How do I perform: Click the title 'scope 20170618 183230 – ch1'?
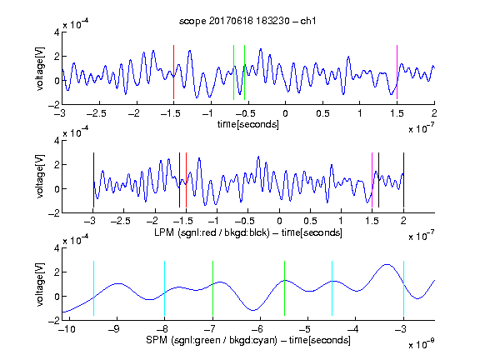click(x=247, y=21)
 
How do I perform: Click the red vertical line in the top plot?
click(x=174, y=72)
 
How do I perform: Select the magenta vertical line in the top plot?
click(x=397, y=72)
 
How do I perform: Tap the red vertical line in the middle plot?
click(x=186, y=180)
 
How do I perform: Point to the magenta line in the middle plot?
click(x=372, y=180)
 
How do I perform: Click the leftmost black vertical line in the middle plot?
click(x=93, y=180)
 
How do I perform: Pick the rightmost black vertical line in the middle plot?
click(x=403, y=180)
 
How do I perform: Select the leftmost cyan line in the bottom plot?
click(x=93, y=288)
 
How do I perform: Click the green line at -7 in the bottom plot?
click(x=212, y=288)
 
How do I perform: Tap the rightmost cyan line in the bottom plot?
click(x=403, y=288)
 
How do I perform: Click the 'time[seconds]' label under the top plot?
click(x=248, y=124)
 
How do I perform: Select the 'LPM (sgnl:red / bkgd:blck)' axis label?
click(x=212, y=232)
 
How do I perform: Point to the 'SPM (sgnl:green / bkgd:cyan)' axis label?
click(x=212, y=340)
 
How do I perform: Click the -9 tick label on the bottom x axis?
click(x=114, y=329)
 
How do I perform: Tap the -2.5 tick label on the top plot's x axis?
click(x=96, y=113)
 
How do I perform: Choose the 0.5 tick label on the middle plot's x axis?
click(x=310, y=221)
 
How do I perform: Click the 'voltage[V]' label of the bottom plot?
click(x=40, y=284)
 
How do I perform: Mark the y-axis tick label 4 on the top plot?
click(x=57, y=32)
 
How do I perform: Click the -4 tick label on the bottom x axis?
click(x=353, y=329)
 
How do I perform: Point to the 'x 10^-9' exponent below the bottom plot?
click(x=422, y=344)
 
